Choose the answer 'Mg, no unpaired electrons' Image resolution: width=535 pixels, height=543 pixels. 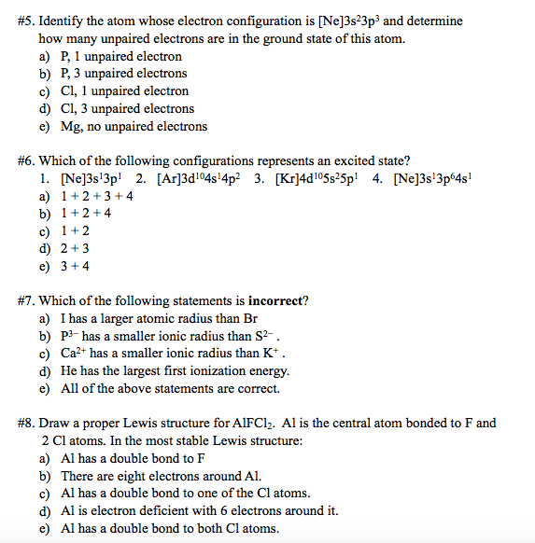(134, 126)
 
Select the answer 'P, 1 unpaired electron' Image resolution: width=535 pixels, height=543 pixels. (121, 56)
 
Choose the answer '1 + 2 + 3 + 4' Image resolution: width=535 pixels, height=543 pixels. (97, 196)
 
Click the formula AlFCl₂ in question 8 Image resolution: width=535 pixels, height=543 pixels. (275, 423)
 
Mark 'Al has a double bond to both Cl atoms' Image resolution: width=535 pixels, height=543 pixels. (169, 528)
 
